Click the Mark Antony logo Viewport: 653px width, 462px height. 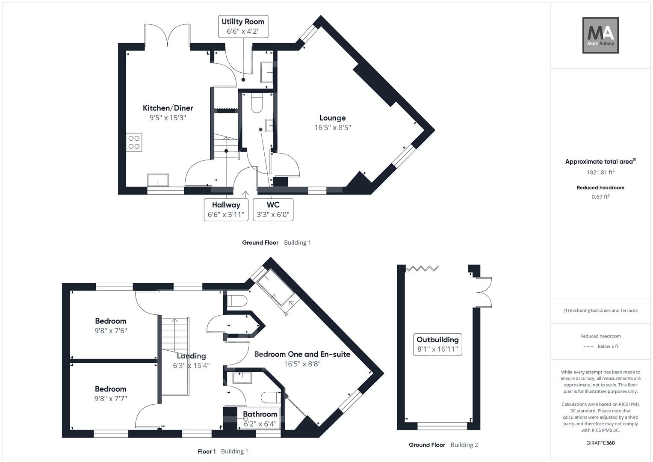coord(600,36)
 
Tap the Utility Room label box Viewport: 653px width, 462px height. coord(243,27)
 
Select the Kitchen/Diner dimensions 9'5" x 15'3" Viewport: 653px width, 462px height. coord(168,118)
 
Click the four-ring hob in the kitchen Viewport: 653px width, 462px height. coord(134,142)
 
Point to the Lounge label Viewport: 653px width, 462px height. coord(332,118)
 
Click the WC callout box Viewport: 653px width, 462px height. coord(273,210)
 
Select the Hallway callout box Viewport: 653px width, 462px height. coord(226,210)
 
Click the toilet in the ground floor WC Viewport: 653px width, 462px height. coord(257,103)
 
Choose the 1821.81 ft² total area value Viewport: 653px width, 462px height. coord(600,172)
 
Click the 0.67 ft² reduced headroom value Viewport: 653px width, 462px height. coord(600,197)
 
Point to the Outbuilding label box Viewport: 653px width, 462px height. coord(437,344)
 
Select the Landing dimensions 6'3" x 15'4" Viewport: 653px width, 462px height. coord(191,366)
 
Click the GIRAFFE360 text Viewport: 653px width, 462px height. coord(600,443)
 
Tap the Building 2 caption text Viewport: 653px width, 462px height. coord(464,445)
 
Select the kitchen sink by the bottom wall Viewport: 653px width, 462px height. coord(158,180)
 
